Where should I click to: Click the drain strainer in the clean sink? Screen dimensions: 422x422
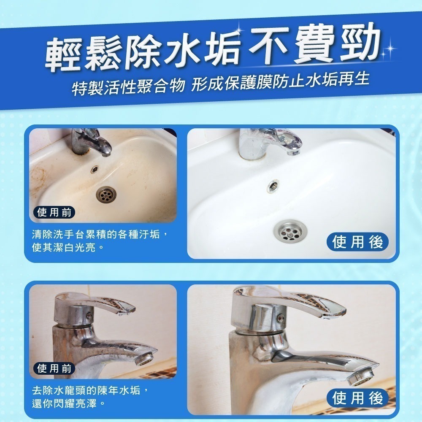pyautogui.click(x=290, y=230)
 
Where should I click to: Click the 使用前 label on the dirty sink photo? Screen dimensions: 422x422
pyautogui.click(x=54, y=212)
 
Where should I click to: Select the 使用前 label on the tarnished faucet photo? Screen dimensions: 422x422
pyautogui.click(x=54, y=368)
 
